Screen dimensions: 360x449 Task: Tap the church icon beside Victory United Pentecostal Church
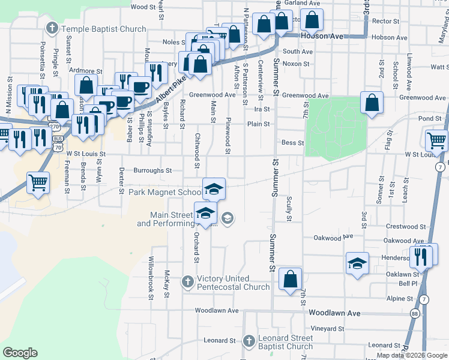click(x=187, y=281)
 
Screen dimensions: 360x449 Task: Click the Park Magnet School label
click(x=166, y=193)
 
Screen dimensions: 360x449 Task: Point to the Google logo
click(x=20, y=353)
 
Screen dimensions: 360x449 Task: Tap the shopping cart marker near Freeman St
click(x=38, y=182)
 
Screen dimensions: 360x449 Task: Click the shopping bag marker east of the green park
click(x=372, y=103)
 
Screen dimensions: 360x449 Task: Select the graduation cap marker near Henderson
click(x=357, y=263)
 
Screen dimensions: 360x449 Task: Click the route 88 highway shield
click(x=415, y=313)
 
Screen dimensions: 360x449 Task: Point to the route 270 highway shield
click(x=55, y=127)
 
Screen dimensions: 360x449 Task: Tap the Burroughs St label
click(x=152, y=170)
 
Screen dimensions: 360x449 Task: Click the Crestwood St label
click(x=406, y=227)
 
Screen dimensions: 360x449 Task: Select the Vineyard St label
click(x=328, y=329)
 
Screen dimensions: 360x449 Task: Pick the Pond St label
click(x=430, y=119)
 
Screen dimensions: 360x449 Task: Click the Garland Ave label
click(x=303, y=3)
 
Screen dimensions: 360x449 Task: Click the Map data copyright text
click(x=411, y=355)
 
